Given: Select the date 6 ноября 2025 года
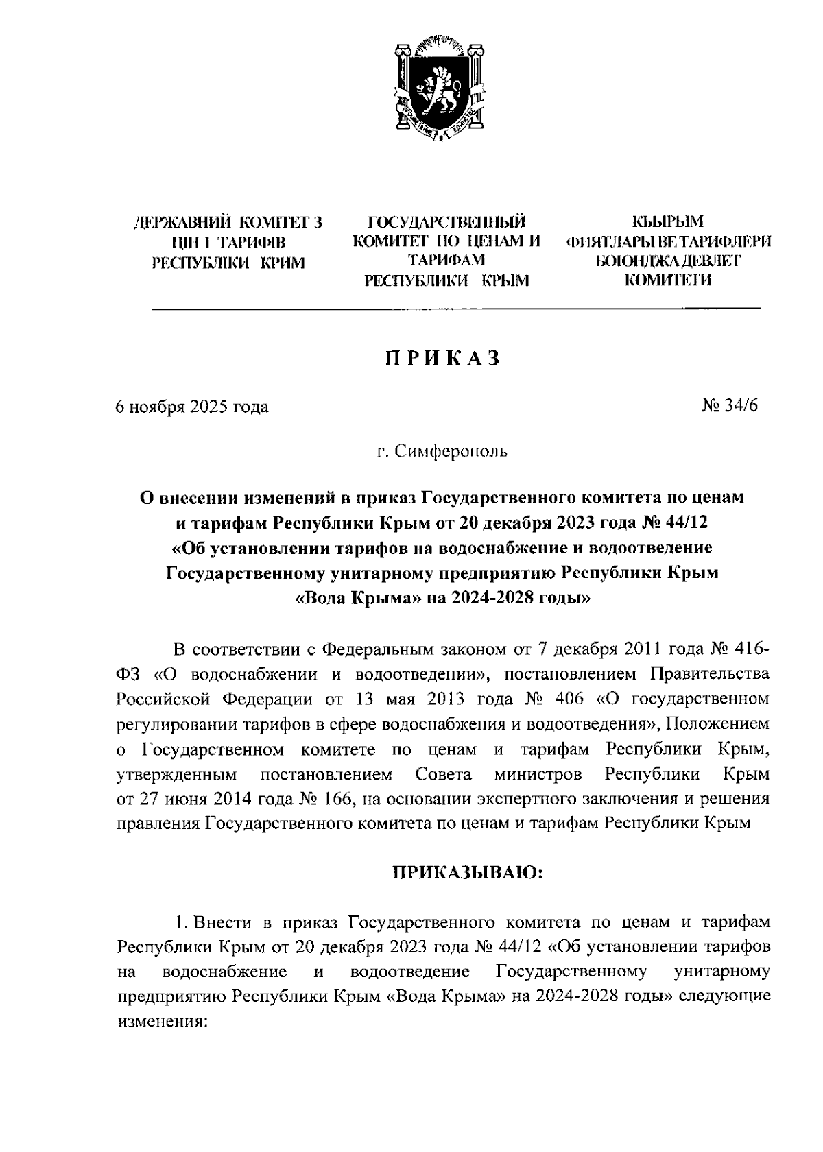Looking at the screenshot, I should (192, 407).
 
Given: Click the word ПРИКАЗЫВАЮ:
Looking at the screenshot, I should (467, 872).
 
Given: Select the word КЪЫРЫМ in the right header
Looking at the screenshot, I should (667, 222).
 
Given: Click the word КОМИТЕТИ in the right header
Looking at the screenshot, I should (667, 280).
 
